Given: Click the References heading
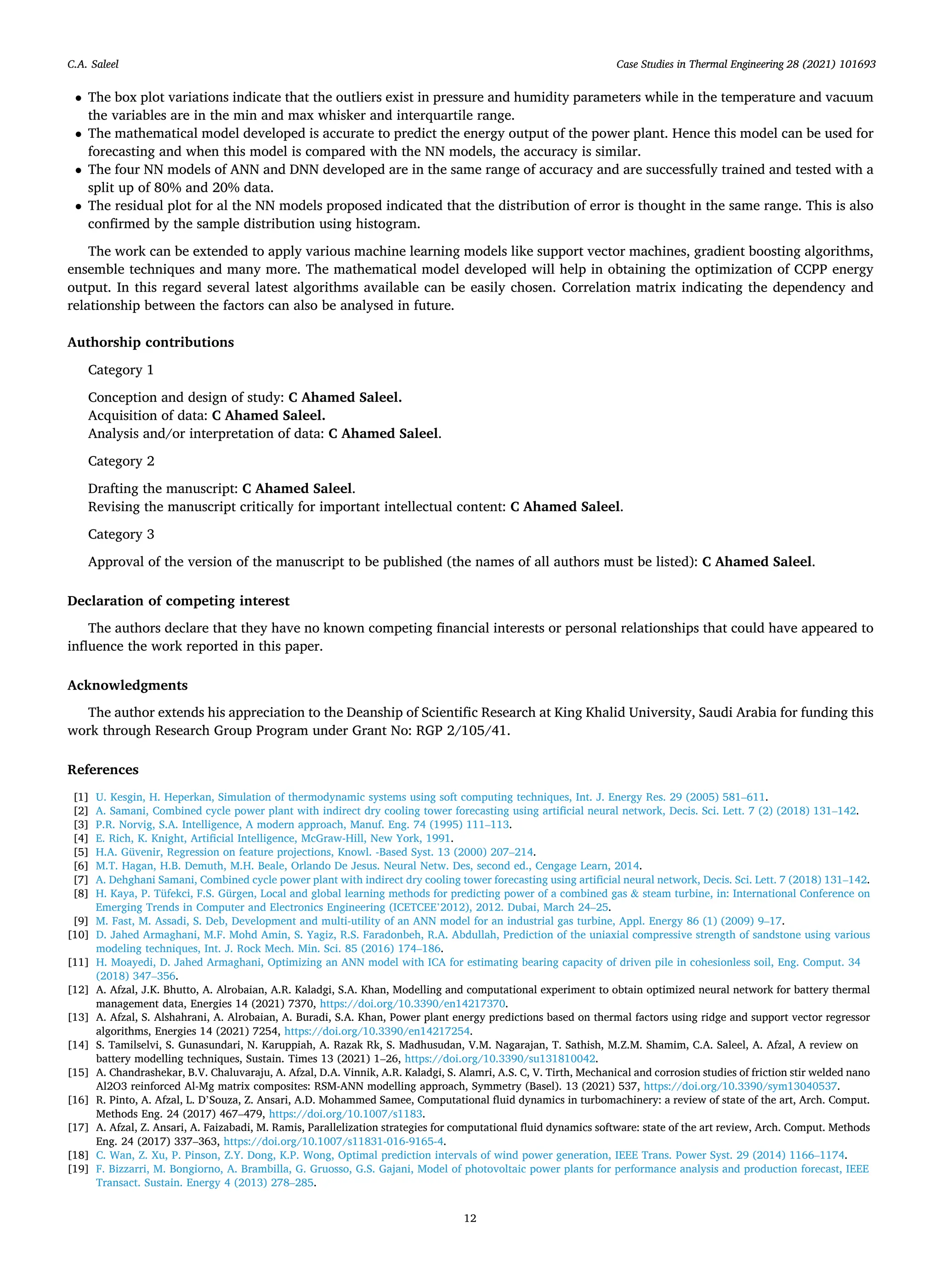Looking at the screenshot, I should pos(102,770).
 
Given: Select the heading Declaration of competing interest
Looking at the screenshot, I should pos(178,601).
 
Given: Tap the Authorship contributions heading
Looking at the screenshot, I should pos(150,342).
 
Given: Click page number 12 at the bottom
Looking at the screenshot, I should pos(470,1218).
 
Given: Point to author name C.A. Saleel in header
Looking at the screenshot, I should pos(93,64).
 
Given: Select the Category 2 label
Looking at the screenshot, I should pos(121,461).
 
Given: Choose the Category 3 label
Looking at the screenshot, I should pos(121,535).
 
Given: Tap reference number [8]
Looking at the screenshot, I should pos(81,894).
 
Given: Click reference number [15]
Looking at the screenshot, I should pos(78,1072).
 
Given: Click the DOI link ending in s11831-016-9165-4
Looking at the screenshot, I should pos(333,1141).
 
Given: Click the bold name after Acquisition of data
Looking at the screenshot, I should pos(268,416).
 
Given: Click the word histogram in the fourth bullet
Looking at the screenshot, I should pos(387,224).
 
